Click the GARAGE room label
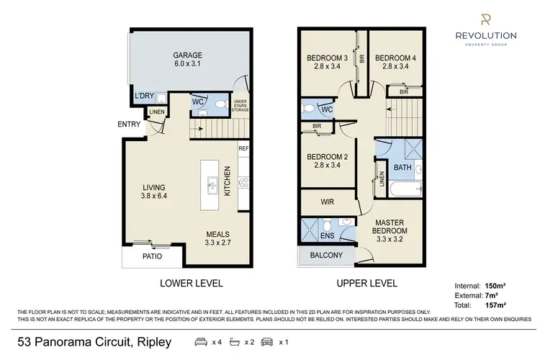tap(187, 55)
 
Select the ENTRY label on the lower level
tap(130, 125)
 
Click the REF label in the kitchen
tap(243, 149)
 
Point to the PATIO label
tap(151, 256)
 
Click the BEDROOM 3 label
tap(328, 58)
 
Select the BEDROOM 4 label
tap(396, 58)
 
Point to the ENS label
tap(327, 235)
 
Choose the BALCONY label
tap(326, 255)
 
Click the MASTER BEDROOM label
tap(390, 226)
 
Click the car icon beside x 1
tap(266, 341)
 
